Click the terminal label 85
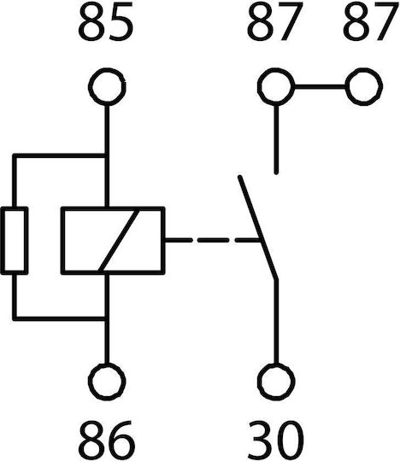[x=106, y=21]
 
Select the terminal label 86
[x=107, y=441]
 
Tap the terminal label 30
[x=276, y=441]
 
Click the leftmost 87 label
[x=275, y=21]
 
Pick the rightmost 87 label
[x=370, y=21]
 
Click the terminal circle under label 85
[x=107, y=87]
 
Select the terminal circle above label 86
[x=107, y=382]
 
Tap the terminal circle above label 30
[x=276, y=382]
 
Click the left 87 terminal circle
[x=276, y=87]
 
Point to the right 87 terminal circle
[x=364, y=87]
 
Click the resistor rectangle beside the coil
[x=15, y=241]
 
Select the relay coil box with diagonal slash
[x=113, y=241]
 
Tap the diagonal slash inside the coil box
[x=119, y=241]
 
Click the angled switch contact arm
[x=258, y=228]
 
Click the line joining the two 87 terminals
[x=320, y=87]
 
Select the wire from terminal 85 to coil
[x=107, y=156]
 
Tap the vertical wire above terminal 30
[x=276, y=322]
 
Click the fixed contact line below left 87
[x=276, y=139]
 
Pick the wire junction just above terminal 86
[x=107, y=318]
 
